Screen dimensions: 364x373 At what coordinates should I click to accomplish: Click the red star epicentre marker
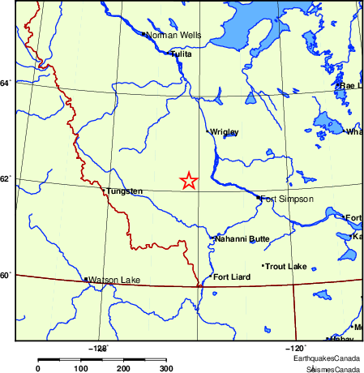pos(188,181)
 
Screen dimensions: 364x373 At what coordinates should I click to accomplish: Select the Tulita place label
pos(182,54)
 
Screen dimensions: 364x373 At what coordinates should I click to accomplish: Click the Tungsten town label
pos(125,191)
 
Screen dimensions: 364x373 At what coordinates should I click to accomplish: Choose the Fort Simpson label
pos(286,199)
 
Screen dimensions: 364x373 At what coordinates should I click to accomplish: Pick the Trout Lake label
pos(286,266)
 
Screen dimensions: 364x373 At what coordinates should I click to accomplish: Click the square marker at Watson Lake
pos(86,280)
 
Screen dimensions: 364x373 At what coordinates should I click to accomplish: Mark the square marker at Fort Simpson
pos(259,197)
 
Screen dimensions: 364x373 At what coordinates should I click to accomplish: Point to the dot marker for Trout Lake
pos(263,266)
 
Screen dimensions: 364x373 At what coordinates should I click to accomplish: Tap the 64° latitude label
pos(6,83)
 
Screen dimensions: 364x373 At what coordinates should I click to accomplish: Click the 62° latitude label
pos(6,178)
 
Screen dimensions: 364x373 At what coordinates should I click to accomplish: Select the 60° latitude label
pos(6,276)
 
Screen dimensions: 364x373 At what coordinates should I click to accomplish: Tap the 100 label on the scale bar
pos(81,369)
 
